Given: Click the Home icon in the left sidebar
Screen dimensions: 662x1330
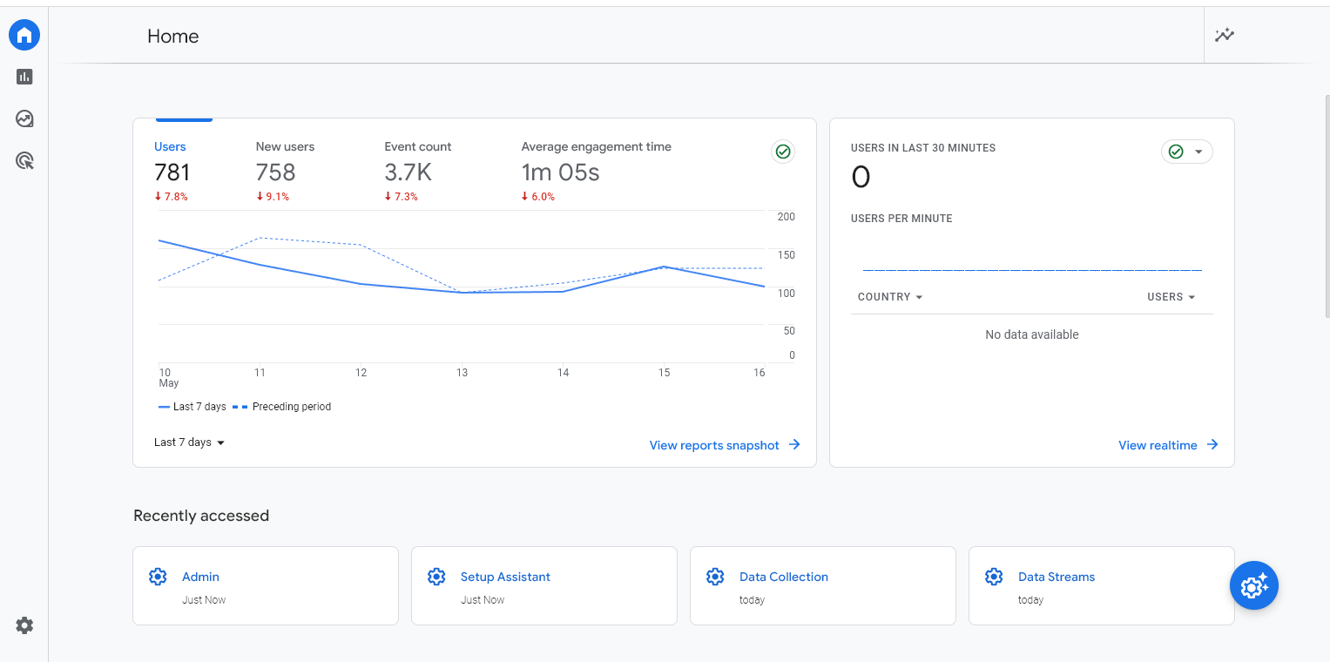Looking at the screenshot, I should tap(24, 35).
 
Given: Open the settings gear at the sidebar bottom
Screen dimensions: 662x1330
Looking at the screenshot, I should tap(24, 625).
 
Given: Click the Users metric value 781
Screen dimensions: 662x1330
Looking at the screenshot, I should tap(172, 172).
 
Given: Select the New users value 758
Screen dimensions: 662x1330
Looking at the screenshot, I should tap(275, 172).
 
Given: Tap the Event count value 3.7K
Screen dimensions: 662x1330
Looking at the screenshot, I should tap(408, 172).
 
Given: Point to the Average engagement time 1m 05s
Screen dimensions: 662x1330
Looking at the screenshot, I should tap(560, 172).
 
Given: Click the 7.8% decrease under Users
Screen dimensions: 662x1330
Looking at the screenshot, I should tap(171, 197).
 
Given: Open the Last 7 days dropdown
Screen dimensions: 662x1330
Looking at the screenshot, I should tap(189, 442).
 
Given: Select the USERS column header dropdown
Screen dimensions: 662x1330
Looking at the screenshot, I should tap(1171, 297).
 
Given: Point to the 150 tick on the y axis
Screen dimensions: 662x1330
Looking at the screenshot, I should tap(786, 255).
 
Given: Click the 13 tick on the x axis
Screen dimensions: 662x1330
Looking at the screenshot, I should tap(462, 373).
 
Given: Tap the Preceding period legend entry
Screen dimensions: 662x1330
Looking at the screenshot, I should tap(291, 407).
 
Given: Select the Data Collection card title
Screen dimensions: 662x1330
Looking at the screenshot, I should tap(783, 577).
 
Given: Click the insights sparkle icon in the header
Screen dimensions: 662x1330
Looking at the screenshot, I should tap(1225, 36).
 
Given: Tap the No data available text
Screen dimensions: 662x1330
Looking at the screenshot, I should tap(1031, 334).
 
